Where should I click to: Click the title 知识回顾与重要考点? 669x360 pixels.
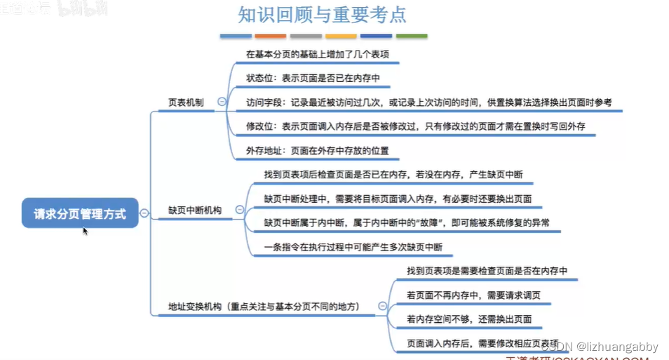(x=323, y=15)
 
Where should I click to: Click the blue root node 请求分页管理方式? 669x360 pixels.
(x=80, y=214)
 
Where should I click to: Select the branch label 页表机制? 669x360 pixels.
(x=186, y=102)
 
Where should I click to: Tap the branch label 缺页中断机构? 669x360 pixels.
(x=194, y=210)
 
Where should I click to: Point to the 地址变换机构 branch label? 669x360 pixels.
(x=264, y=307)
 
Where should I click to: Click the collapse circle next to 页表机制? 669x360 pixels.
(x=222, y=102)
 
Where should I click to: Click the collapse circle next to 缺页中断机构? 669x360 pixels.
(x=239, y=210)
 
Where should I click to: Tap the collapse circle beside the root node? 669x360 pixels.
(x=144, y=213)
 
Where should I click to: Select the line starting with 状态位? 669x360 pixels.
(x=313, y=78)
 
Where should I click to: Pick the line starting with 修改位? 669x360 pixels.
(x=415, y=126)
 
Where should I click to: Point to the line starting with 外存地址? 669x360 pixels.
(x=317, y=150)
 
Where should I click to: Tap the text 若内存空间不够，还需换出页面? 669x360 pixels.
(x=468, y=319)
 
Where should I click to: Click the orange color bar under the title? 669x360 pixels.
(x=271, y=36)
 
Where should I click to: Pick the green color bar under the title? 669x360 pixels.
(x=412, y=36)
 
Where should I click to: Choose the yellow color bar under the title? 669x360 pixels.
(x=341, y=36)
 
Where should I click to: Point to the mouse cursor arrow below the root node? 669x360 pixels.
(x=86, y=231)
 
